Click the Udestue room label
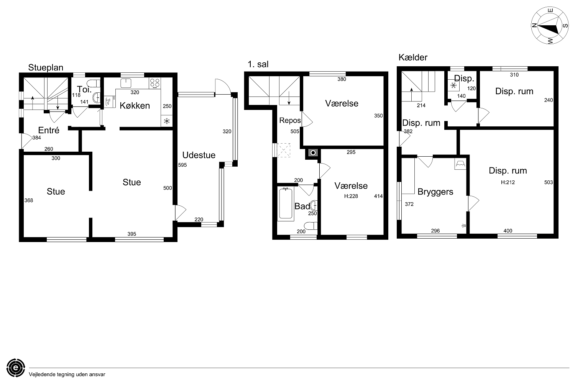(199, 155)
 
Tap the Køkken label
(135, 106)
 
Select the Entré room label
(49, 130)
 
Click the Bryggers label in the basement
(435, 192)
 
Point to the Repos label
(290, 120)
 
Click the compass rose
(550, 25)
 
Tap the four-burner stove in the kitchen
(155, 83)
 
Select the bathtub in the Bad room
(286, 204)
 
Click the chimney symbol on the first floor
(313, 153)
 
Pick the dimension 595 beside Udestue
(182, 165)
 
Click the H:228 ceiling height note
(351, 196)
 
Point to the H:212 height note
(508, 182)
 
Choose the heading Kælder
(413, 57)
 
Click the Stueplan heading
(46, 68)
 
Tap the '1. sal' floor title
(258, 64)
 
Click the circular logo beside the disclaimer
(16, 368)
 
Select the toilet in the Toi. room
(94, 83)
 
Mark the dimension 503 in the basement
(548, 182)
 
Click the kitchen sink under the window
(126, 83)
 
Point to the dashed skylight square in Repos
(284, 150)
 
